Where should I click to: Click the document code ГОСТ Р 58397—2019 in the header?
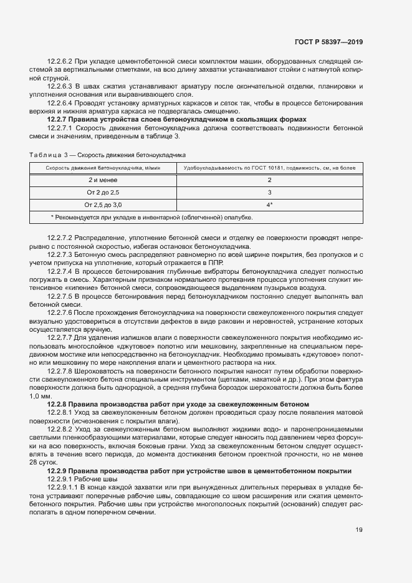click(328, 42)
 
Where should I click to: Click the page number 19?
click(358, 530)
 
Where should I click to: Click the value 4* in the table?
click(269, 205)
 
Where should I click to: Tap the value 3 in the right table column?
click(269, 192)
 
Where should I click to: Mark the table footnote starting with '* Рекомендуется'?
click(151, 218)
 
